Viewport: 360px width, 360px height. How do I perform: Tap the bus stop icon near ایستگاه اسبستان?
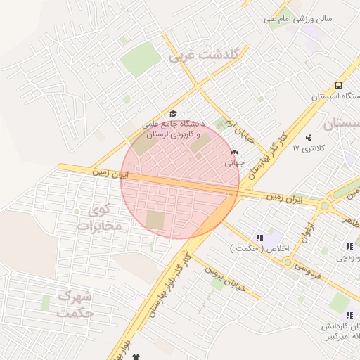pos(339,86)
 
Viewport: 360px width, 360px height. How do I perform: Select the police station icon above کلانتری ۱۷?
pos(308,137)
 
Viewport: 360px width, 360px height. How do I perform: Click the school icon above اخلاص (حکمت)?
pos(260,238)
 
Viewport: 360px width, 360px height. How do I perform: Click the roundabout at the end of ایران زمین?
pos(324,206)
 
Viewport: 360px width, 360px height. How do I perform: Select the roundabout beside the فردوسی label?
pos(287,262)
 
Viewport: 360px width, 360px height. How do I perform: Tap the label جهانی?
pos(233,162)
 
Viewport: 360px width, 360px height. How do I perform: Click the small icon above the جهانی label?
pos(234,151)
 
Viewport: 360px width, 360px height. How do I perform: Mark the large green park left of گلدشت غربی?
pos(141,59)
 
